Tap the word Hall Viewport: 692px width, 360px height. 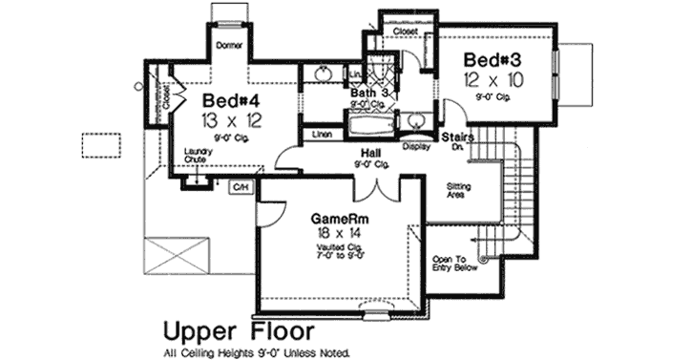coord(372,153)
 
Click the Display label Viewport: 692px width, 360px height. coord(414,146)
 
